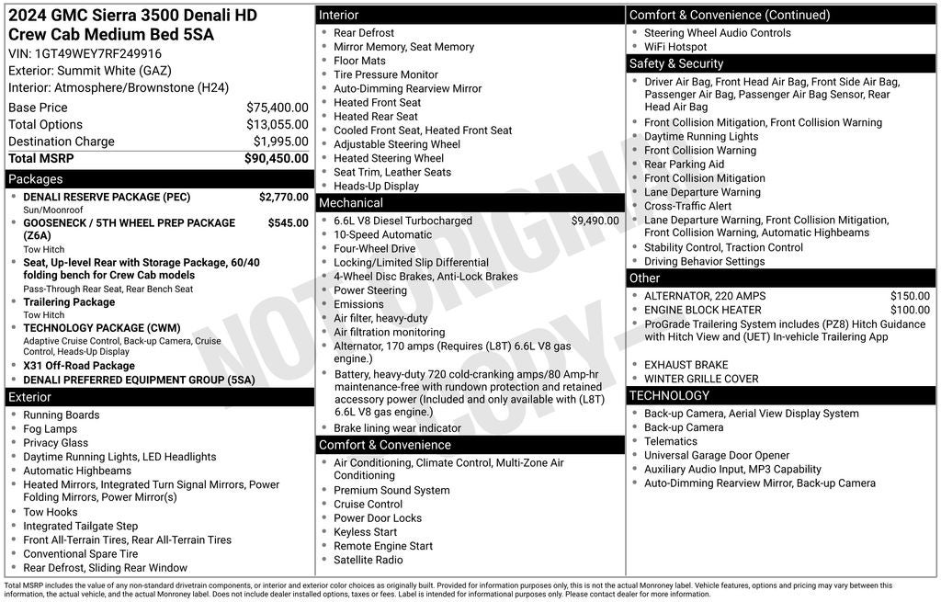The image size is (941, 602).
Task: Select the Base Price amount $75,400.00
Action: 277,108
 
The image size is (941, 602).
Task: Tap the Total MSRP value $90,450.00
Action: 276,158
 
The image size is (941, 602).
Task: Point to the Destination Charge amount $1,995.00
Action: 280,142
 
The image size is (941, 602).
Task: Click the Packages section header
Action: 36,179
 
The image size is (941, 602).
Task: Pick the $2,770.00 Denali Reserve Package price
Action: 283,197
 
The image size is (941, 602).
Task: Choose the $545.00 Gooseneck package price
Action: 288,222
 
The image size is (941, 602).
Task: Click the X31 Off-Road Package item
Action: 79,365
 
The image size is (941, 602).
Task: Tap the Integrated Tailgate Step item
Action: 81,526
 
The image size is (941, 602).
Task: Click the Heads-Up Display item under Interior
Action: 376,186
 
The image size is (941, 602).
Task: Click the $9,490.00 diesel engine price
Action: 595,221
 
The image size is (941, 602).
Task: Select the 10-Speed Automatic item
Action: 382,234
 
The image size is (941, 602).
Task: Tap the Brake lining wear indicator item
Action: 397,428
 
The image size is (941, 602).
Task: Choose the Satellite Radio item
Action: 368,560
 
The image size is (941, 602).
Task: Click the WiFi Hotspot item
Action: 675,47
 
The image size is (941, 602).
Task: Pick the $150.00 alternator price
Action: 910,296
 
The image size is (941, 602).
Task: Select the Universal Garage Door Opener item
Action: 717,455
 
